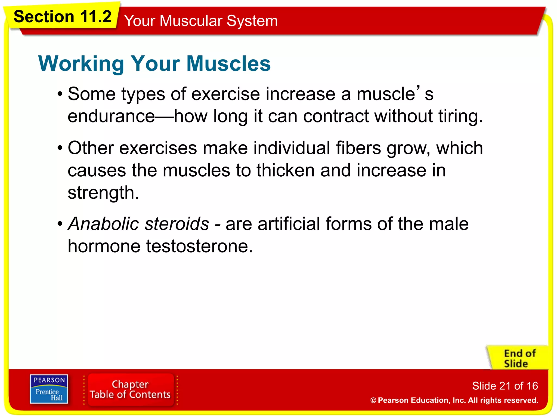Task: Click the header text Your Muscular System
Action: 201,21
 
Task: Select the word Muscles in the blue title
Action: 228,64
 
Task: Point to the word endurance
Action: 111,116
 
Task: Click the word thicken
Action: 285,171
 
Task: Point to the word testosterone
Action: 199,246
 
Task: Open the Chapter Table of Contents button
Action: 130,389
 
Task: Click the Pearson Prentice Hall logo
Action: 49,389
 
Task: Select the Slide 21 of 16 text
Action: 505,386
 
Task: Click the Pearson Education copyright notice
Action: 454,400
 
